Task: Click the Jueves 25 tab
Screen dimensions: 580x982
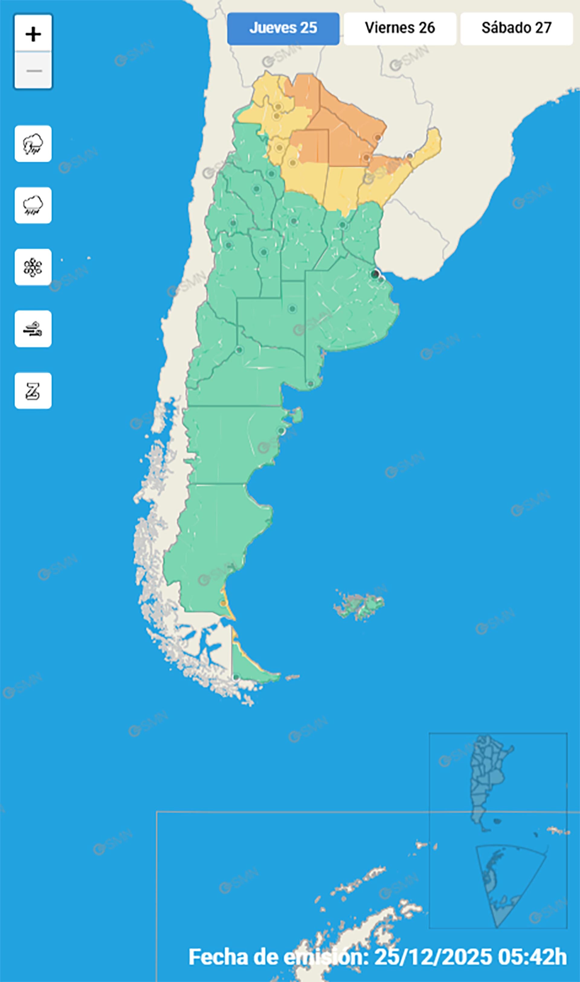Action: (283, 28)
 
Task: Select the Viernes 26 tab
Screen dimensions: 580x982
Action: (399, 28)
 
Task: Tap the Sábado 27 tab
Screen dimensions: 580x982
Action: (516, 28)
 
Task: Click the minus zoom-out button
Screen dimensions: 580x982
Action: (33, 71)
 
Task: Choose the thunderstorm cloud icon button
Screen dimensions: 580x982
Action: (33, 144)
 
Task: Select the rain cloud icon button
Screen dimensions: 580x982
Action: (33, 206)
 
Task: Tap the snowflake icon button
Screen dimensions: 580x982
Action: (33, 267)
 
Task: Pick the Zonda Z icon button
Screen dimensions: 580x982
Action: (33, 391)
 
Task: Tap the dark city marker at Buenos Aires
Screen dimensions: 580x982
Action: (375, 274)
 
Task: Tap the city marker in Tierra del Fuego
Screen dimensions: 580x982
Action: (236, 678)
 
